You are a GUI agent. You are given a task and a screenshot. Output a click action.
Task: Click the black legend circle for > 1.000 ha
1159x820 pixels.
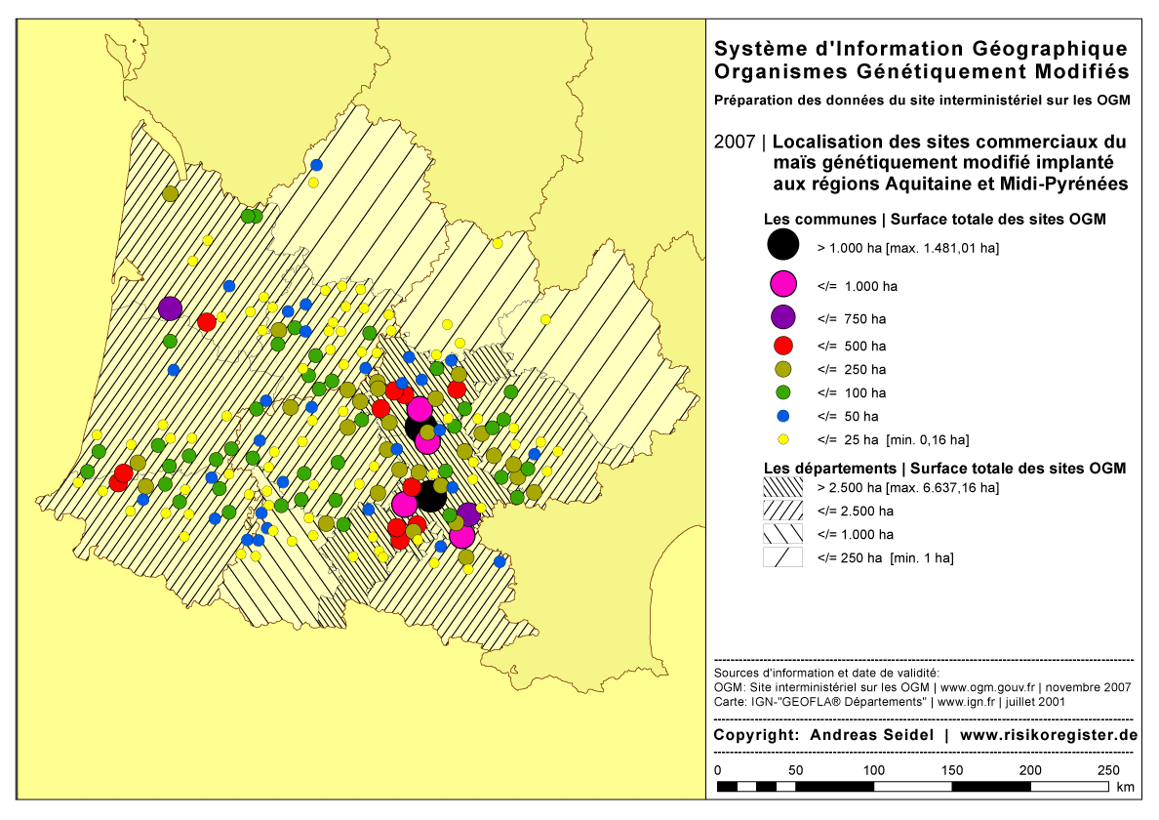[782, 247]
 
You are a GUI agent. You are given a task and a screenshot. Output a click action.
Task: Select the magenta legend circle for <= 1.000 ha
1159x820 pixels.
[782, 285]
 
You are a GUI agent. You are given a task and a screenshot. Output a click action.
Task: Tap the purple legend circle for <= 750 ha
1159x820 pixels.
[782, 317]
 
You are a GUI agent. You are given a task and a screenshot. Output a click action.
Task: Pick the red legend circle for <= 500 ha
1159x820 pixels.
[782, 345]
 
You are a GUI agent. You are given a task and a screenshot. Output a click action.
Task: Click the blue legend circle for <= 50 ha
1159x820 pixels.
[782, 416]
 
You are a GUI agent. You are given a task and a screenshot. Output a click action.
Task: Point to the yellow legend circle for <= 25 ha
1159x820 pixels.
[782, 439]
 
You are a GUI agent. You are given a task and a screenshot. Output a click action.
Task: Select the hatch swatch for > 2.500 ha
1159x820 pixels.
[782, 486]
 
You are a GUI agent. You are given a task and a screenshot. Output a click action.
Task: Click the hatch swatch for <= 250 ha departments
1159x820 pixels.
[782, 557]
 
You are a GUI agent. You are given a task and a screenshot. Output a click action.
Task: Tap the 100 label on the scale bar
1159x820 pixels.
[872, 771]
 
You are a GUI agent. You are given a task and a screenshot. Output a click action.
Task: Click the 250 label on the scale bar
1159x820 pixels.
[1107, 771]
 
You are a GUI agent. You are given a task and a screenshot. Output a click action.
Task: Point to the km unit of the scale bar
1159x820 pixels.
[1125, 787]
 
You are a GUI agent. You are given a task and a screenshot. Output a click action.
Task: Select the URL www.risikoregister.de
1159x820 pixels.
[1049, 735]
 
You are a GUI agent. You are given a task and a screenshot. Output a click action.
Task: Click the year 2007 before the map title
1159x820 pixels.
[734, 142]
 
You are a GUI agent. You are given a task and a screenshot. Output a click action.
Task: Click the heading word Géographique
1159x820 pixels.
[1038, 49]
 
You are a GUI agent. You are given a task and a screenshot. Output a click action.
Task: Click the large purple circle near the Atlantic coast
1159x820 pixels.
[170, 308]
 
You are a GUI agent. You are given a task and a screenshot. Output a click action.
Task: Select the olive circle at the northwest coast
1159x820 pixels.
[170, 193]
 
